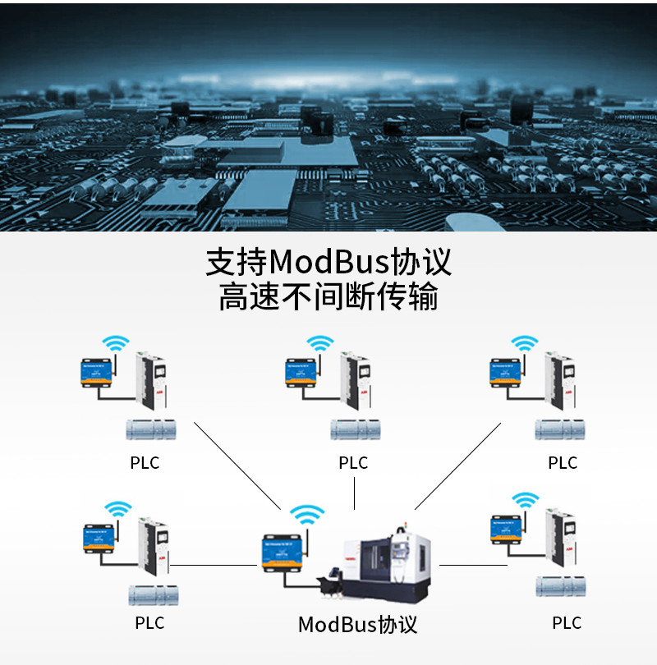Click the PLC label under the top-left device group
[145, 463]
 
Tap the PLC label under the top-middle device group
[353, 463]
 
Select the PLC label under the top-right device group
[563, 463]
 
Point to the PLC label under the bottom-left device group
[149, 623]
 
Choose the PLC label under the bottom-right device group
[567, 623]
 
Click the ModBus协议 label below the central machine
[357, 625]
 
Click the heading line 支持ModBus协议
[328, 263]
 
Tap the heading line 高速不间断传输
[328, 297]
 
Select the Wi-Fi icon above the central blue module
[309, 516]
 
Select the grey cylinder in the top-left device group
[150, 429]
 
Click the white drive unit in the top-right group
[563, 382]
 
